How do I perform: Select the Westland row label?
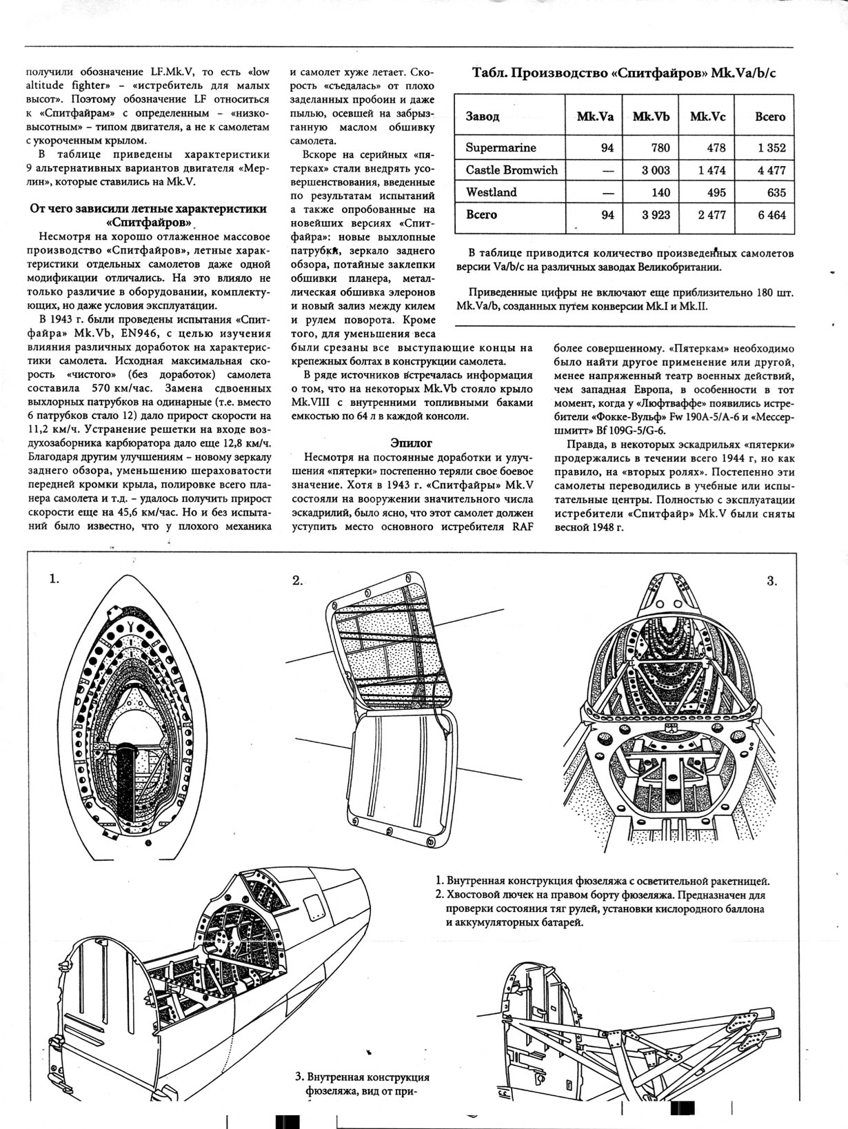491,192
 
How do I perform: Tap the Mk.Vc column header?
707,116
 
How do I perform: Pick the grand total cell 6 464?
771,215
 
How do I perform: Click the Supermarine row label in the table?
501,148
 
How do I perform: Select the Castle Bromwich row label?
512,170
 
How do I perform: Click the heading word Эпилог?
411,443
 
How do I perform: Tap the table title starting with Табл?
624,74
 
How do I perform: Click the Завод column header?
483,116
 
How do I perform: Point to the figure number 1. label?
54,579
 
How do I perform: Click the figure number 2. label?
297,580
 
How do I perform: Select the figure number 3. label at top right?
772,580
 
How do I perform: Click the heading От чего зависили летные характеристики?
148,208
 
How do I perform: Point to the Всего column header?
770,116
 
